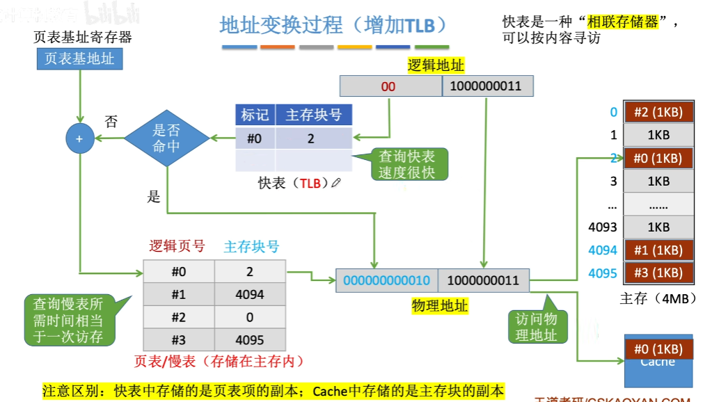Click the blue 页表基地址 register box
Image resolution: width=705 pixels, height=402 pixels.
[x=79, y=59]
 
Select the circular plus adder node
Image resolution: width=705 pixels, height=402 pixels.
[x=79, y=138]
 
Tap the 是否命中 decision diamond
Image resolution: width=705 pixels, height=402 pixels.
[x=166, y=138]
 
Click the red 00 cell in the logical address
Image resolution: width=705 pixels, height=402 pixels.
[x=388, y=86]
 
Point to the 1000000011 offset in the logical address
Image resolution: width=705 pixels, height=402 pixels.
[x=485, y=86]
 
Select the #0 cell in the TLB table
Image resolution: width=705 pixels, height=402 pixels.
[x=255, y=138]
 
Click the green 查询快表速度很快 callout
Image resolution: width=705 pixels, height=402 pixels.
[x=407, y=165]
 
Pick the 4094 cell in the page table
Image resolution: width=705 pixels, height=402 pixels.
[x=250, y=294]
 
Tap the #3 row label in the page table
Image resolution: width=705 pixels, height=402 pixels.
[x=179, y=340]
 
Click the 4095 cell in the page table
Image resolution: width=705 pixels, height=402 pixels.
[x=250, y=340]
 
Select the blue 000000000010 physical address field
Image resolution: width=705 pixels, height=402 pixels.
[x=387, y=280]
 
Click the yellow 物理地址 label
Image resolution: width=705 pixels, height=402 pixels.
[x=441, y=306]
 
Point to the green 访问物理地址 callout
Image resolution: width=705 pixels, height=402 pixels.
[x=537, y=327]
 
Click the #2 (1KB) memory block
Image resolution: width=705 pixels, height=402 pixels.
[x=658, y=113]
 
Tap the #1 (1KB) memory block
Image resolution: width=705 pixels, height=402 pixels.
[x=658, y=250]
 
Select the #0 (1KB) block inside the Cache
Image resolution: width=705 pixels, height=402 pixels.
[x=658, y=349]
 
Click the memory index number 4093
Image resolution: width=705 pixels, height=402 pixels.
[x=603, y=227]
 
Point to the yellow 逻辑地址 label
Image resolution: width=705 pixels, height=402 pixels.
[x=436, y=65]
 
